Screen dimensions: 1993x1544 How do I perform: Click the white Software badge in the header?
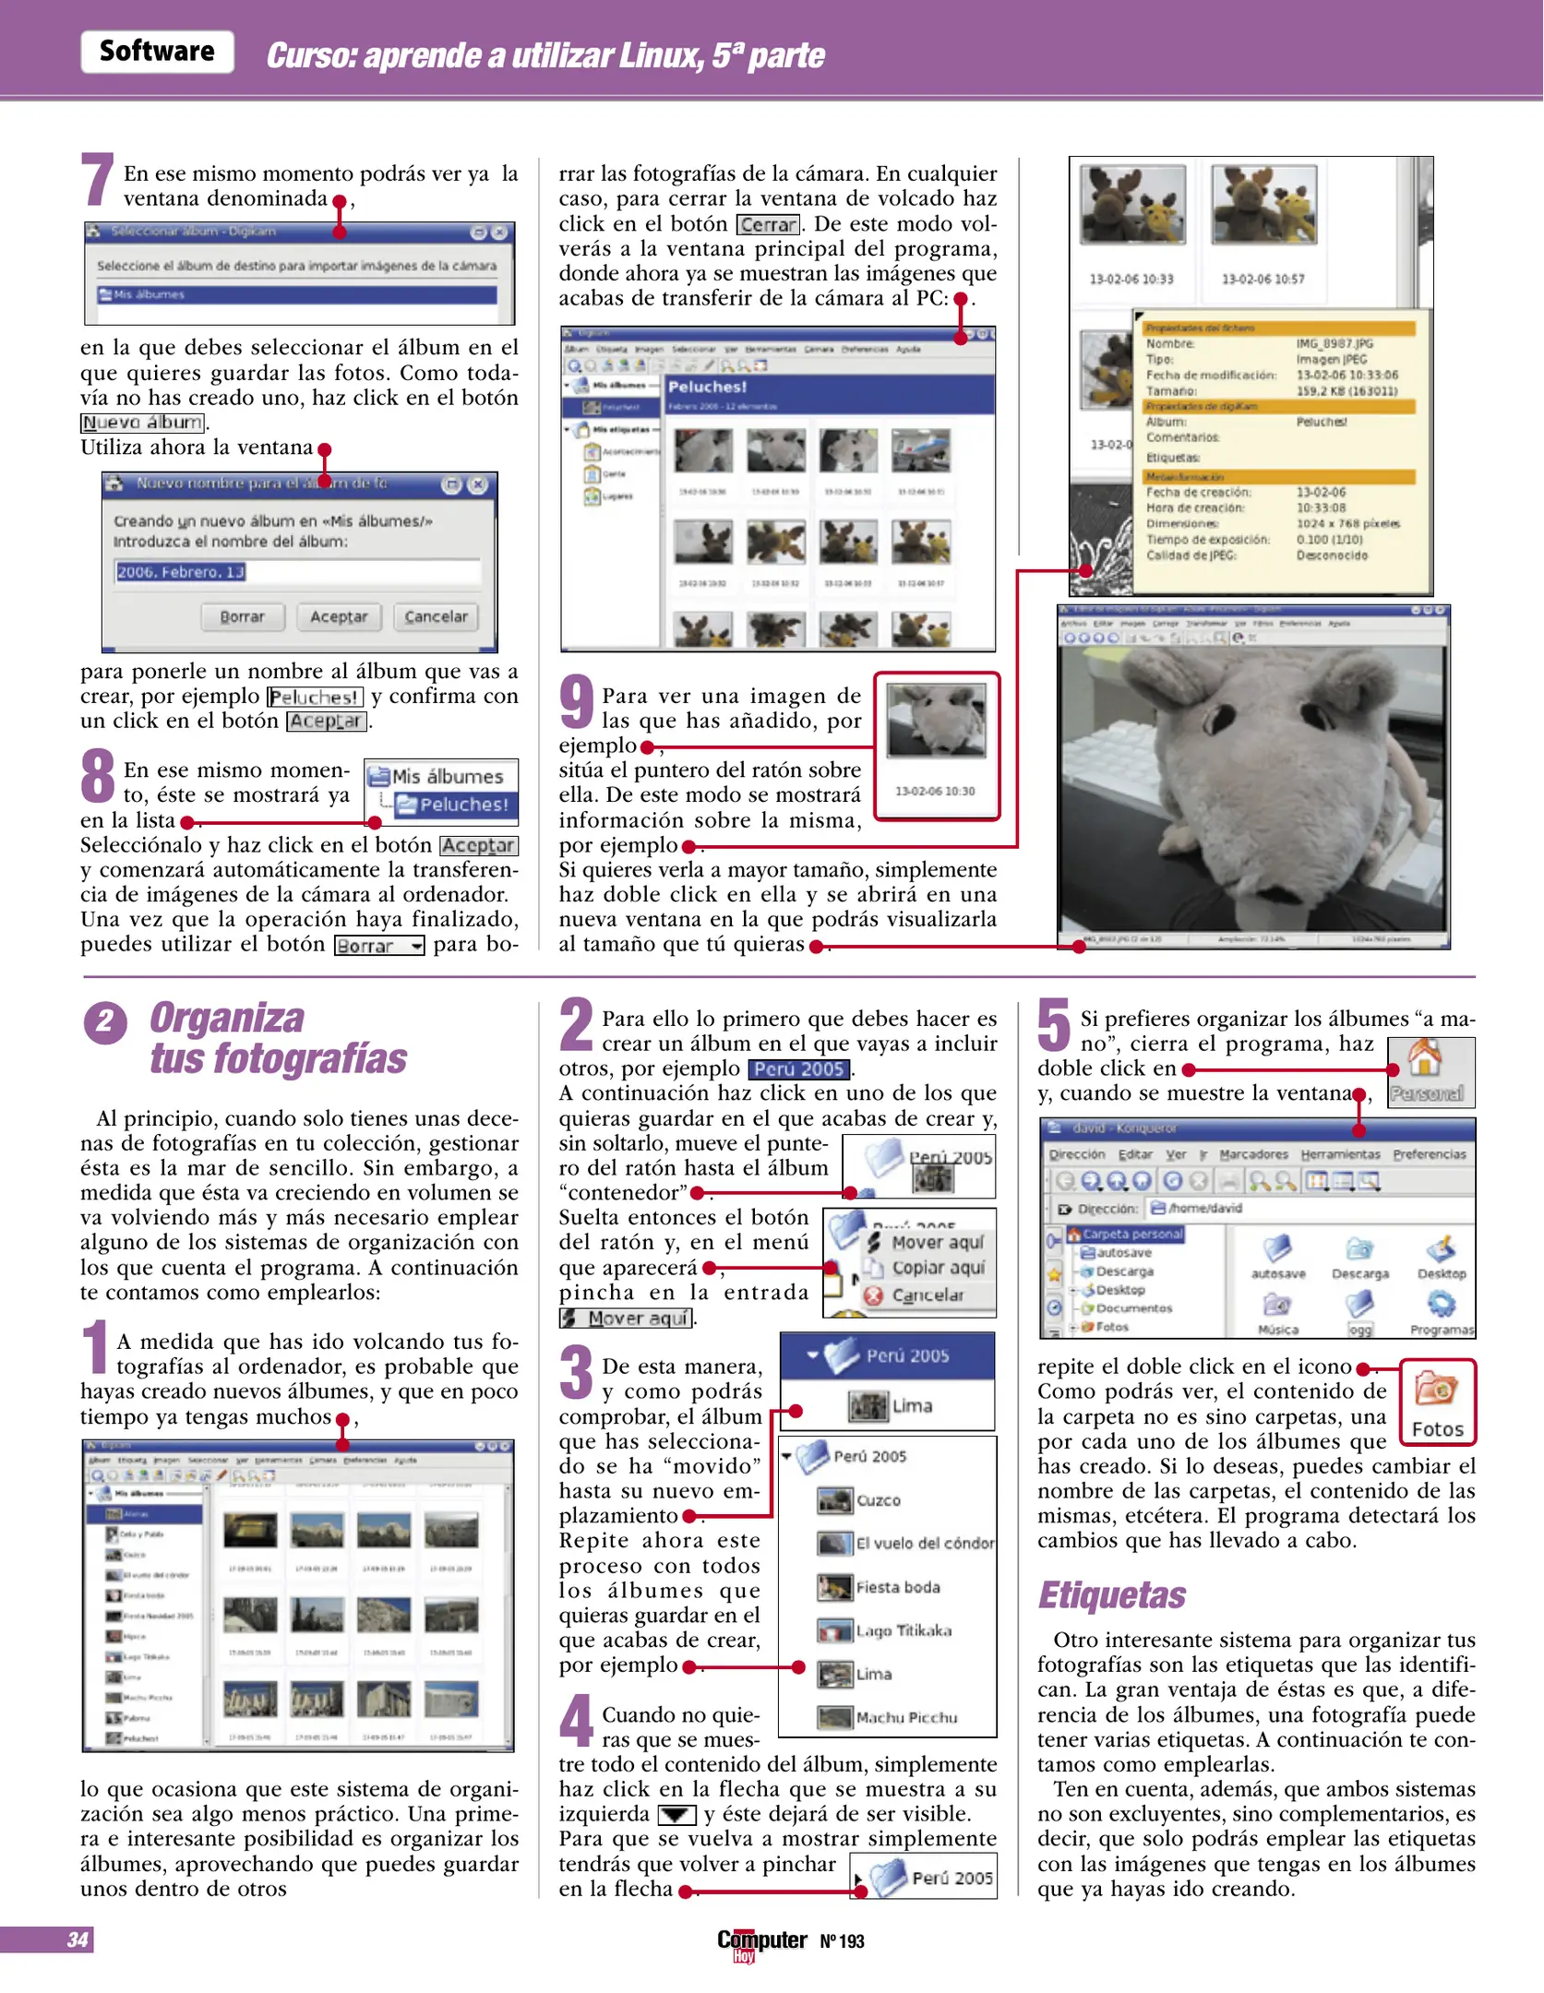(157, 52)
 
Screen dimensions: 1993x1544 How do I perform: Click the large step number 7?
(98, 180)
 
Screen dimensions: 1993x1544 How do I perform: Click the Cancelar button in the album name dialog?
(436, 616)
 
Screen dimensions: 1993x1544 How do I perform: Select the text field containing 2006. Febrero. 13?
(297, 572)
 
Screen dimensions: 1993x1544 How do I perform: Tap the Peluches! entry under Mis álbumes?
(454, 805)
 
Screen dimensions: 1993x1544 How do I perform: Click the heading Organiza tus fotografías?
(277, 1038)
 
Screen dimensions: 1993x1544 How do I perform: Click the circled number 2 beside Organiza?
(105, 1021)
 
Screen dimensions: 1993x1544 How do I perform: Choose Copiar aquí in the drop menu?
(937, 1268)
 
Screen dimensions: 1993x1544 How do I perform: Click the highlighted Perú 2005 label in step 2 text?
(799, 1068)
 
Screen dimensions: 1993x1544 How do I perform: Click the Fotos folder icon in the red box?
(1436, 1390)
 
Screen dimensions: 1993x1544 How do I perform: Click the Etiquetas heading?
(1111, 1595)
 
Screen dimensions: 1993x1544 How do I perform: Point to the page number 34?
(78, 1939)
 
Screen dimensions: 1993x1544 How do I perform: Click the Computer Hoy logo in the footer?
(762, 1942)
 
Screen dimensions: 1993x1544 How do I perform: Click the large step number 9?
(578, 703)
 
